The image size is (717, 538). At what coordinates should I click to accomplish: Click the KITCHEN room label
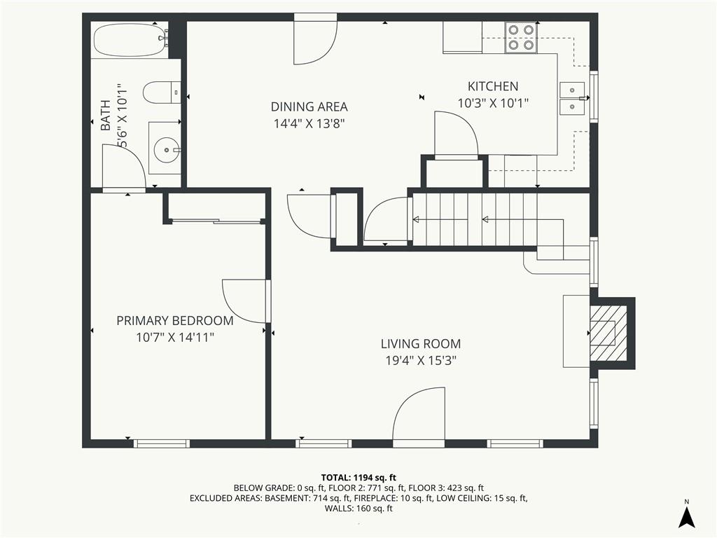[x=493, y=86]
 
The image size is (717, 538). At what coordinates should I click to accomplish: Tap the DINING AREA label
[x=309, y=106]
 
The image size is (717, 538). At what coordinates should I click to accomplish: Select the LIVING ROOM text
[x=421, y=343]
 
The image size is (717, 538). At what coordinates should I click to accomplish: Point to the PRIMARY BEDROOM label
[x=174, y=321]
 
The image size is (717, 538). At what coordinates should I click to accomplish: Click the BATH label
[x=106, y=116]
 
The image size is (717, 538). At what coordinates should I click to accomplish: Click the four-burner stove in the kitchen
[x=521, y=37]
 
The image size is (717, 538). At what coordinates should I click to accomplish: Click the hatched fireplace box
[x=608, y=333]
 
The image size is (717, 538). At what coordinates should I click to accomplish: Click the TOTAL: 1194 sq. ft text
[x=358, y=478]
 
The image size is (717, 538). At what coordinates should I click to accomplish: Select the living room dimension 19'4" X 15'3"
[x=421, y=361]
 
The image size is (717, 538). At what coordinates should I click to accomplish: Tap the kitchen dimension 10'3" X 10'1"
[x=493, y=103]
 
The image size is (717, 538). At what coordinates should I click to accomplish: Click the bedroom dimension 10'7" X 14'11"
[x=175, y=338]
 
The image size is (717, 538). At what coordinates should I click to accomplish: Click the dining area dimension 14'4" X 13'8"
[x=309, y=123]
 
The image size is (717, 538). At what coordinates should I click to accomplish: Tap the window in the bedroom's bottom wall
[x=162, y=443]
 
